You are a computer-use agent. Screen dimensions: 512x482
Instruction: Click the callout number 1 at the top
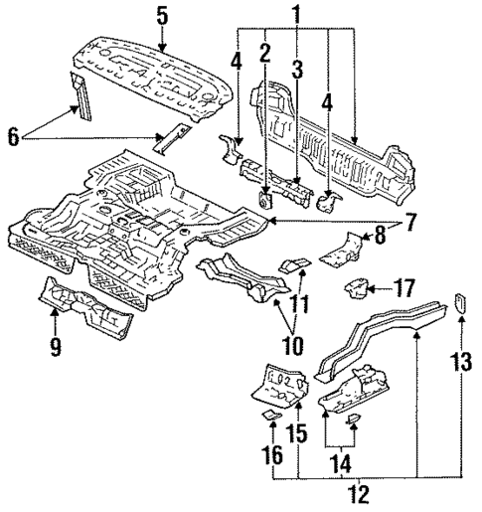point(295,13)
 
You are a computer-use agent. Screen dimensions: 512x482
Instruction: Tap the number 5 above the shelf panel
point(162,14)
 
